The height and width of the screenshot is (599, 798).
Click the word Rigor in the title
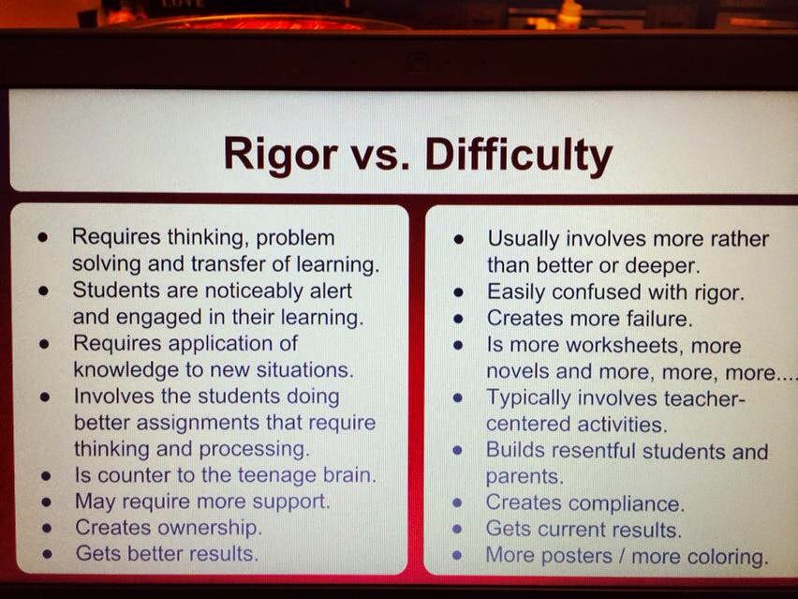280,155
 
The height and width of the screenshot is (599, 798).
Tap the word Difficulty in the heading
519,156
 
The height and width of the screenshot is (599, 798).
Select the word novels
518,371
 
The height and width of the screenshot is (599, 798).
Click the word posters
577,556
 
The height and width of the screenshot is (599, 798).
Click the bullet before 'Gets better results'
48,554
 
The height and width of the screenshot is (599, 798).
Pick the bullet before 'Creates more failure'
459,319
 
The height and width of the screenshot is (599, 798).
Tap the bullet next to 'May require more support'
46,502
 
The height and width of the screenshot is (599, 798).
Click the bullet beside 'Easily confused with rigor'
459,292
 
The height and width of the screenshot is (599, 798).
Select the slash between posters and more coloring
622,555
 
